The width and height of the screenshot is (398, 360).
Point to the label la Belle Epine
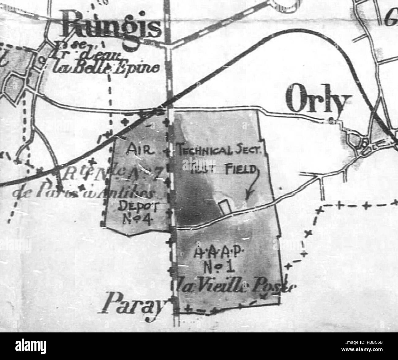(x=105, y=67)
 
